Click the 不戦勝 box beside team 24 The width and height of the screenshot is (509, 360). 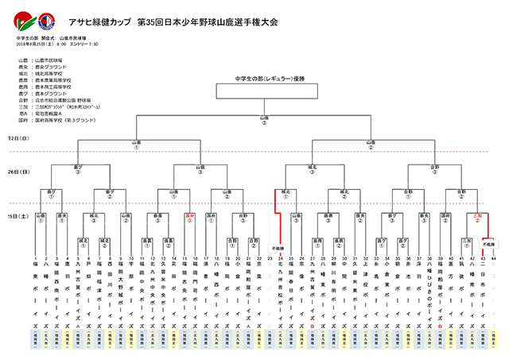click(277, 248)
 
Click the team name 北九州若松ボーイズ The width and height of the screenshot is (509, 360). click(281, 294)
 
